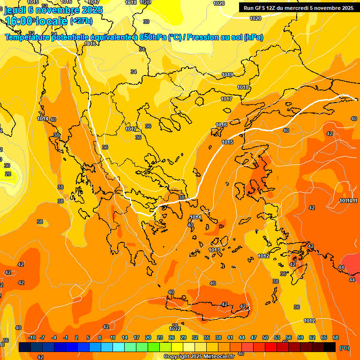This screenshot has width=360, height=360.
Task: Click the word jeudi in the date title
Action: click(15, 9)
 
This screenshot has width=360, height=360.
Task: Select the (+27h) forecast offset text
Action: click(81, 21)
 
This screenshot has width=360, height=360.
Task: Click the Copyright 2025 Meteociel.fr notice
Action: click(199, 356)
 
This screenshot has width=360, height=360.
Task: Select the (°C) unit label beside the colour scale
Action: click(344, 348)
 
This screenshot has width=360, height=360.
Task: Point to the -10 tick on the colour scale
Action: click(32, 337)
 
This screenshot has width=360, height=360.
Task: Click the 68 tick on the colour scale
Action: click(336, 337)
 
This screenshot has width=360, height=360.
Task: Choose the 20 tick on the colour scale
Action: click(148, 337)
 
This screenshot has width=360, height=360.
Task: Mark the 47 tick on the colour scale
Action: click(254, 337)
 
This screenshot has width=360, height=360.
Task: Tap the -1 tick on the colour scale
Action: click(66, 337)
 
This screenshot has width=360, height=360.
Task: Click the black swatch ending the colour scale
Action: click(330, 347)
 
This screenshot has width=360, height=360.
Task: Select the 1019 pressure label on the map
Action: click(227, 75)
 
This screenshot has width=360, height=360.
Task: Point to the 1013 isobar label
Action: click(214, 250)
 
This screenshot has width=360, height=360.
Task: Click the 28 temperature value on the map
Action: click(7, 174)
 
